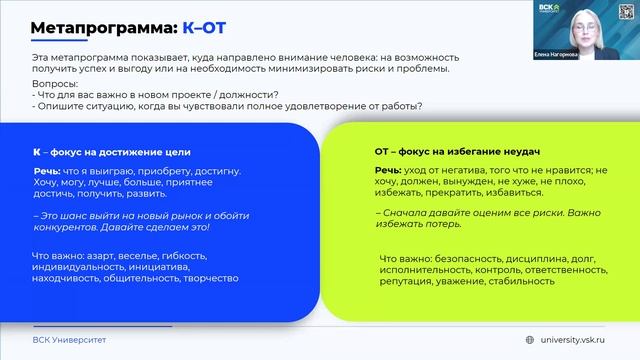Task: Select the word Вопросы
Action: (x=52, y=84)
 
